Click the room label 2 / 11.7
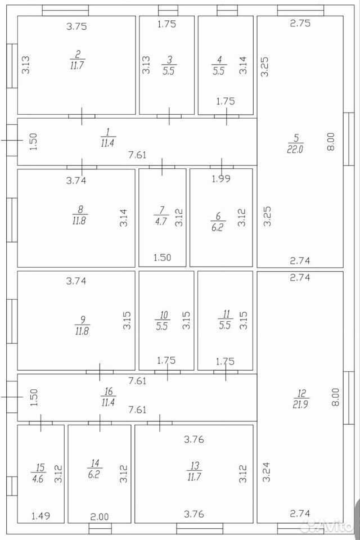77,60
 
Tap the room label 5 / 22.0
295,143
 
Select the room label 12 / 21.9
300,399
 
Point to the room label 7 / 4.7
161,215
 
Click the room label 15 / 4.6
39,473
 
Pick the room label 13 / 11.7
194,471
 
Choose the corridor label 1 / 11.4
108,137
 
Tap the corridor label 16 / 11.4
108,397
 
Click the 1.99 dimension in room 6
221,179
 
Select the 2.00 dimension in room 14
99,516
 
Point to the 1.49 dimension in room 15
40,516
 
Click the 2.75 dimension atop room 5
300,23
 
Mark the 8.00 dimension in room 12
335,397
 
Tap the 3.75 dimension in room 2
76,26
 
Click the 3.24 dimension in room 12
266,471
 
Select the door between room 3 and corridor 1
169,116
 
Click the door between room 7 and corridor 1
162,167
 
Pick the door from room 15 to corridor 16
40,423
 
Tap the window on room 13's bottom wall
200,529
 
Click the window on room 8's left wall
12,220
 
